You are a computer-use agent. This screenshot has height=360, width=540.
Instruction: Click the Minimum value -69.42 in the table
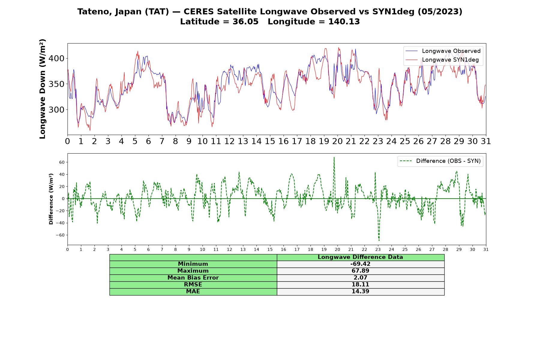point(360,264)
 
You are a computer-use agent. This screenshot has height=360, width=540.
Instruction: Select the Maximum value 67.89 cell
point(360,271)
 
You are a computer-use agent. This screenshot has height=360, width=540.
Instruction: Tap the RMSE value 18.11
point(360,285)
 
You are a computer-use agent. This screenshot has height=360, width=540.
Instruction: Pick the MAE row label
point(193,292)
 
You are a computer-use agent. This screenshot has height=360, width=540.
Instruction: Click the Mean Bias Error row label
point(193,278)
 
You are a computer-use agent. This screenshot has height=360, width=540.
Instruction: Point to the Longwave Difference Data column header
point(360,257)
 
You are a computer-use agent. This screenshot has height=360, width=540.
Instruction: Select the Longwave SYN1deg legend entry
point(442,60)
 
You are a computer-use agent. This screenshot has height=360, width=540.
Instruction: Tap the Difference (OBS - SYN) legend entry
point(440,161)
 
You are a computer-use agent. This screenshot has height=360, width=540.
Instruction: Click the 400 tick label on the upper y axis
point(56,58)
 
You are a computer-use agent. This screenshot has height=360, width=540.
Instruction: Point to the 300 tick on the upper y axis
point(56,110)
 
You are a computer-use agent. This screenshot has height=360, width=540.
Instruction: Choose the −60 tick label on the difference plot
point(60,235)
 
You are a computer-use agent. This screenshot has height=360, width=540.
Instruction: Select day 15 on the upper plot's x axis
point(270,141)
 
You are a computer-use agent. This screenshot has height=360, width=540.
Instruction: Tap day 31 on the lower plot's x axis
point(486,250)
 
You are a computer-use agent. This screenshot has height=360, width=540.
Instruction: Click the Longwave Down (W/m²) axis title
point(43,89)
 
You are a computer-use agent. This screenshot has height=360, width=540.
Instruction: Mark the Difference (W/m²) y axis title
point(51,199)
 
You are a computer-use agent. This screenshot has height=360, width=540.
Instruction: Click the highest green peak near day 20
point(334,157)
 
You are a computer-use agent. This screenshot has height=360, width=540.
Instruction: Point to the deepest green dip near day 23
point(379,240)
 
